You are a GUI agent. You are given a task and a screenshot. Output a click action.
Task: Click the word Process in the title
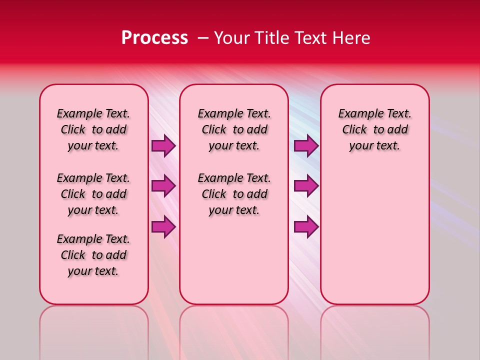[x=154, y=38]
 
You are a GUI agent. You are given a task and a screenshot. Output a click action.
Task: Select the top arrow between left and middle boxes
[x=163, y=146]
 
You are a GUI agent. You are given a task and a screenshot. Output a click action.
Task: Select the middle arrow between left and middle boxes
[x=163, y=186]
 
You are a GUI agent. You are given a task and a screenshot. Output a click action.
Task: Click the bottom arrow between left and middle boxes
[x=163, y=227]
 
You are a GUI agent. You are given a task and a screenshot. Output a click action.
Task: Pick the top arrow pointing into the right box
[x=306, y=146]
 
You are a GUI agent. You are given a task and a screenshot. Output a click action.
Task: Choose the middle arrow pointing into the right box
[x=306, y=186]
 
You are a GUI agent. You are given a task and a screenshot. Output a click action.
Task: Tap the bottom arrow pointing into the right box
[x=306, y=227]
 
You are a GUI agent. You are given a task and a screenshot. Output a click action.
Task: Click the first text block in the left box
[x=93, y=129]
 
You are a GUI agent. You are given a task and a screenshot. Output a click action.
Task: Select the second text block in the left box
[x=93, y=194]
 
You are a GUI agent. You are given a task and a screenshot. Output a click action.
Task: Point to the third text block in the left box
[x=93, y=255]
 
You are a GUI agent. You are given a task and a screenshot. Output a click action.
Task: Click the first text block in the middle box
[x=234, y=129]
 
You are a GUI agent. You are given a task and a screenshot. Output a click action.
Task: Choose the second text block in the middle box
[x=234, y=194]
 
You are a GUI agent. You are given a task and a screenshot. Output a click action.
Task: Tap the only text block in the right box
[x=375, y=129]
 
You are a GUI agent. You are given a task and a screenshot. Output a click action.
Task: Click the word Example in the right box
[x=356, y=114]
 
